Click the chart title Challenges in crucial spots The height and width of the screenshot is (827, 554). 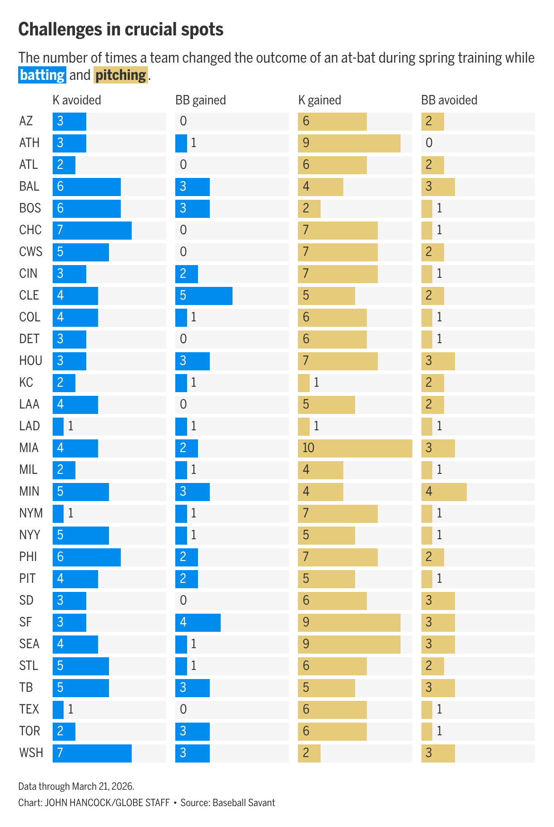121,30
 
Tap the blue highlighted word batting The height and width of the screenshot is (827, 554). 42,75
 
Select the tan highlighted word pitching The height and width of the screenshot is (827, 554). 121,75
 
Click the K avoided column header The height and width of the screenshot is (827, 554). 77,100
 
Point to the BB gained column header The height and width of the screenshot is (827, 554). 201,100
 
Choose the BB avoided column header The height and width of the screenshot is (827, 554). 449,100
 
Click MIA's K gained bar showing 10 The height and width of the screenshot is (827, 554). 355,448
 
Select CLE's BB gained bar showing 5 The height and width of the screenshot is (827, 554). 204,295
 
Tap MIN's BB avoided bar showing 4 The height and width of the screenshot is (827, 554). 444,492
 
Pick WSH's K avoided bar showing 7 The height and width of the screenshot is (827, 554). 92,753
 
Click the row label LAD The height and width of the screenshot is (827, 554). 30,426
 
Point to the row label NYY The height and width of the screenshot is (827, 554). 30,535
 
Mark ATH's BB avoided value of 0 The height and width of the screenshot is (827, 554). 429,143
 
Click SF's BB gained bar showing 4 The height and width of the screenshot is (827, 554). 198,622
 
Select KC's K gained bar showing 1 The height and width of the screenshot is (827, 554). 304,383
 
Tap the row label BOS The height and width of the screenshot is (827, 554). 30,208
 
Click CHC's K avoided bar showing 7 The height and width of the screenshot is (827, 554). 92,230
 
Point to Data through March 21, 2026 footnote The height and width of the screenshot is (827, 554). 76,786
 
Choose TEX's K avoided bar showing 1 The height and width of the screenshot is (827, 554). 58,709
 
